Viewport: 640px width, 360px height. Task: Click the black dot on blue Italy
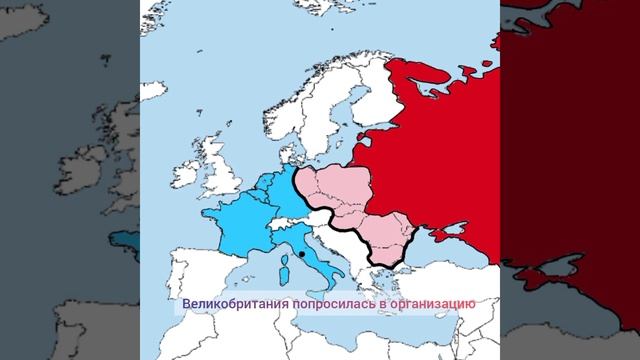click(x=301, y=256)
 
